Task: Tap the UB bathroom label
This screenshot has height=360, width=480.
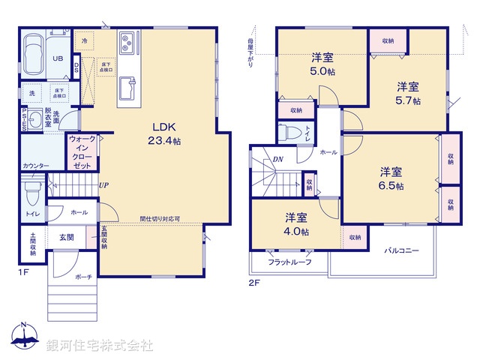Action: click(x=57, y=58)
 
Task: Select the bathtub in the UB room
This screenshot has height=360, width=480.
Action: click(x=33, y=52)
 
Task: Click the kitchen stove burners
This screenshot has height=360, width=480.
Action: click(x=126, y=40)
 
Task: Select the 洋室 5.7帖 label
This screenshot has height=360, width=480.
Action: click(x=408, y=92)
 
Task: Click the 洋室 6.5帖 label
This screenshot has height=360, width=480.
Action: click(x=390, y=178)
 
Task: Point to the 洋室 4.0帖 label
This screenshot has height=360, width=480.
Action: click(x=296, y=223)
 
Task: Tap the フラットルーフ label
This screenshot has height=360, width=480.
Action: click(x=289, y=262)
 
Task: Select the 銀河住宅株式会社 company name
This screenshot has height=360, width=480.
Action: click(x=100, y=346)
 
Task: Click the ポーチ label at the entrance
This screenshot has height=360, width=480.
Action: click(x=82, y=277)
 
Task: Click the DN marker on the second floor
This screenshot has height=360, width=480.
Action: click(x=277, y=159)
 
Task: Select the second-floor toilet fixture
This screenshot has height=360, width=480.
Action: click(x=289, y=134)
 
